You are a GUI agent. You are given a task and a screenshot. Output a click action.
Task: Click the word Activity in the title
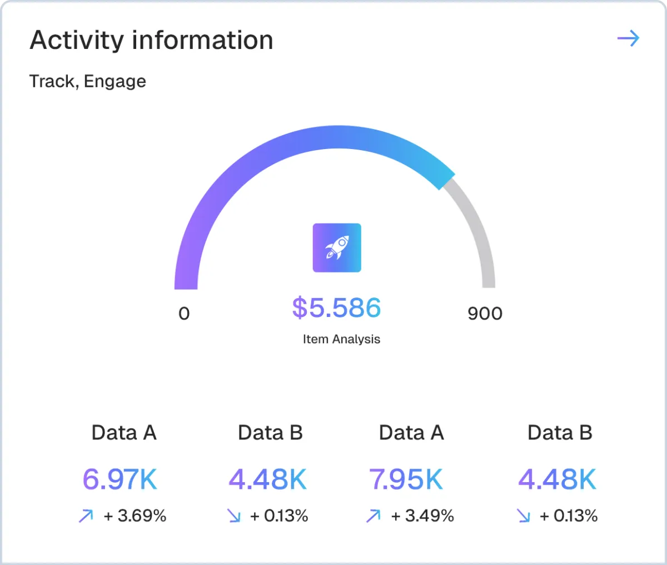point(76,41)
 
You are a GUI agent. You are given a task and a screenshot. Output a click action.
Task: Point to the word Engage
point(115,82)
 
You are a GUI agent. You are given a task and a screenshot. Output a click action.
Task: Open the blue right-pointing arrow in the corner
point(628,38)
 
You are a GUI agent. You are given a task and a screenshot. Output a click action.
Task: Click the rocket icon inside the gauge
point(337,247)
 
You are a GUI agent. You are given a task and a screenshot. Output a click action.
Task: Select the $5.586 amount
point(337,308)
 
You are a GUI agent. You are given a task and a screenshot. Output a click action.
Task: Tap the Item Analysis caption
point(341,339)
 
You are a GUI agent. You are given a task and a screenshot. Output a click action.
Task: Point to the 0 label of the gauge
point(184,314)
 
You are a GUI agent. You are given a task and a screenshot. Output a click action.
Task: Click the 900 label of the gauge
point(485,314)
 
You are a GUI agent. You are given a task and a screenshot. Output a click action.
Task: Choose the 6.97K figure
point(120,479)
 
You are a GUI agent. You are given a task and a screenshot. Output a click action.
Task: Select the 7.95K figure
point(406,479)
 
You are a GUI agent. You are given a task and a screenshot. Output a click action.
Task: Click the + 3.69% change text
point(135,516)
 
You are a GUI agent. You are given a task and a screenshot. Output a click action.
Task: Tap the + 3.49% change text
point(422,516)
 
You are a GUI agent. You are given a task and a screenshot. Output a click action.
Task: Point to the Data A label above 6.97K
point(124,433)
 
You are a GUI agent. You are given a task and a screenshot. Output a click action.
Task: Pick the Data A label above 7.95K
point(411,433)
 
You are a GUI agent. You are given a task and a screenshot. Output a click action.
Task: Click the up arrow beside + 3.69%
point(86,517)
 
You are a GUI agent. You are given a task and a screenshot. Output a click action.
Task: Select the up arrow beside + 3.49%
point(373,517)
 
